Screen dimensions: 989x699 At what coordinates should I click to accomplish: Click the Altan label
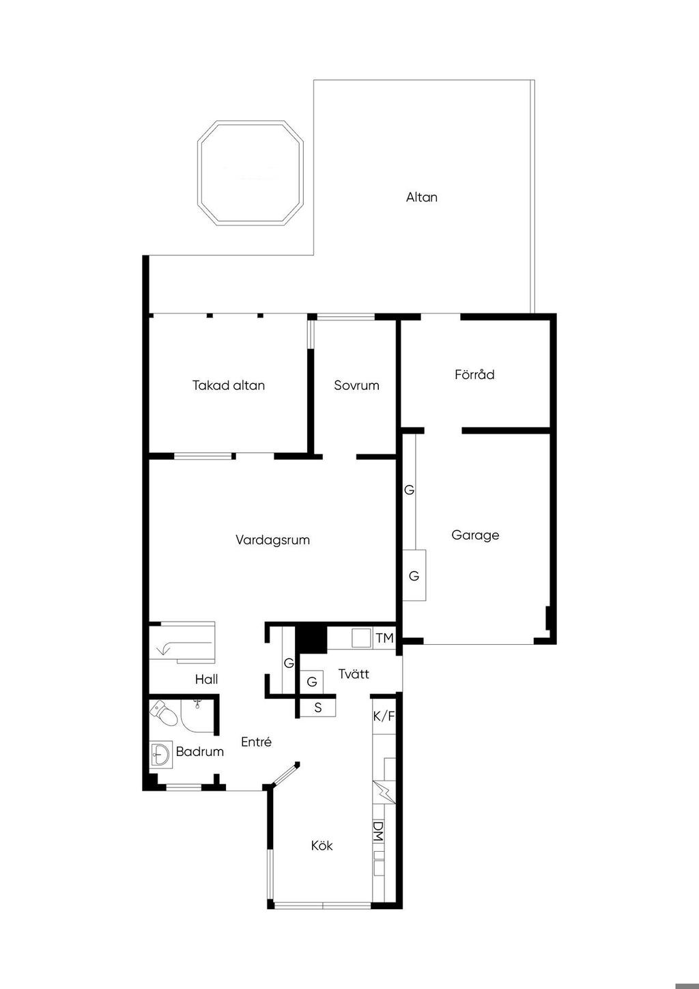point(421,197)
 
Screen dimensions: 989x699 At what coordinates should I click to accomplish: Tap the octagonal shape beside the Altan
point(250,173)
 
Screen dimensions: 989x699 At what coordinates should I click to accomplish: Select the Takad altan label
point(228,385)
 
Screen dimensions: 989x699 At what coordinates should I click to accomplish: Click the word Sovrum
point(356,385)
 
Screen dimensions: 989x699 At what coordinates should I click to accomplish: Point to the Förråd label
point(474,374)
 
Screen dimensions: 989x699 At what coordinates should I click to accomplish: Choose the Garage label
point(475,535)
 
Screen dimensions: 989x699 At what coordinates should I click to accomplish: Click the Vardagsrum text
point(272,540)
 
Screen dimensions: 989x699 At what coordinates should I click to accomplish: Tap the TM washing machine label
point(384,638)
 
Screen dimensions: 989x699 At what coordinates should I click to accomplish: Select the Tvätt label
point(354,674)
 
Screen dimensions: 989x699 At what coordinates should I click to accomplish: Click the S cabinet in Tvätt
point(318,708)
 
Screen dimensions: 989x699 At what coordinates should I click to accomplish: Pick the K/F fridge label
point(384,716)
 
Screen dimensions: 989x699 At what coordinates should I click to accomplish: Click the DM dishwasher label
point(378,831)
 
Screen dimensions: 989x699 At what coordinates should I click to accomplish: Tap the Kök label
point(322,846)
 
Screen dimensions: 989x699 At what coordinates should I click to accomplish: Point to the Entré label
point(256,742)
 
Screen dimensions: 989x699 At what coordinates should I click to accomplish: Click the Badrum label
point(199,751)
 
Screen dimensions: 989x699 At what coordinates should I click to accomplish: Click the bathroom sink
point(160,755)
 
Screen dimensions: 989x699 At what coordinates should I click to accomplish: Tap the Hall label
point(206,679)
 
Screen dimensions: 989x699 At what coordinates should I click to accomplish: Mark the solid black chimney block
point(311,638)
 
